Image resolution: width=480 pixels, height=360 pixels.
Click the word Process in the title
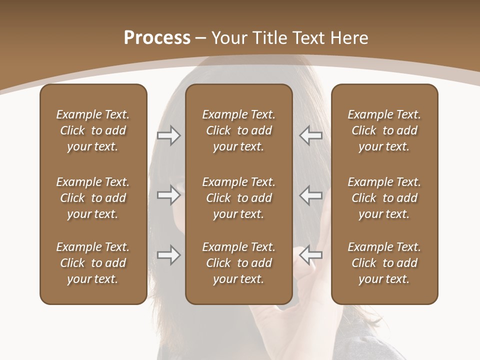157,38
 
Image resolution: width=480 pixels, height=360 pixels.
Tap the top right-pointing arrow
168,135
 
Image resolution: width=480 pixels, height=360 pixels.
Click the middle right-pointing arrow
168,195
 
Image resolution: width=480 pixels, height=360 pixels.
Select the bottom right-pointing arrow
168,255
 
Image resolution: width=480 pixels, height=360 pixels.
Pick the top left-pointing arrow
311,135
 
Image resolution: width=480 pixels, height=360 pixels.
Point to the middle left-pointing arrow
311,195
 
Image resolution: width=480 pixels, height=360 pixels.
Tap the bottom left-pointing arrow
311,254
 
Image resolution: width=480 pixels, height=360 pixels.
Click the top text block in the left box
93,130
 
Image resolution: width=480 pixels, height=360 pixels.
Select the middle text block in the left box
93,198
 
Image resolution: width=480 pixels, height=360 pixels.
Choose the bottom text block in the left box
93,263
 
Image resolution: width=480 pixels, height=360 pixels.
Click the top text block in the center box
238,130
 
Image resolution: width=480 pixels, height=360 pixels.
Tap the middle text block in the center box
238,198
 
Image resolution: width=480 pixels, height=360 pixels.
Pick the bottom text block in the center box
238,263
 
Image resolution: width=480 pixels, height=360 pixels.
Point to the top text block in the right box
384,130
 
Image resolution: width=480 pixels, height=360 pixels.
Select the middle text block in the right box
384,198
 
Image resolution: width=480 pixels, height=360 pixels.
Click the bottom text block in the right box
384,263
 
